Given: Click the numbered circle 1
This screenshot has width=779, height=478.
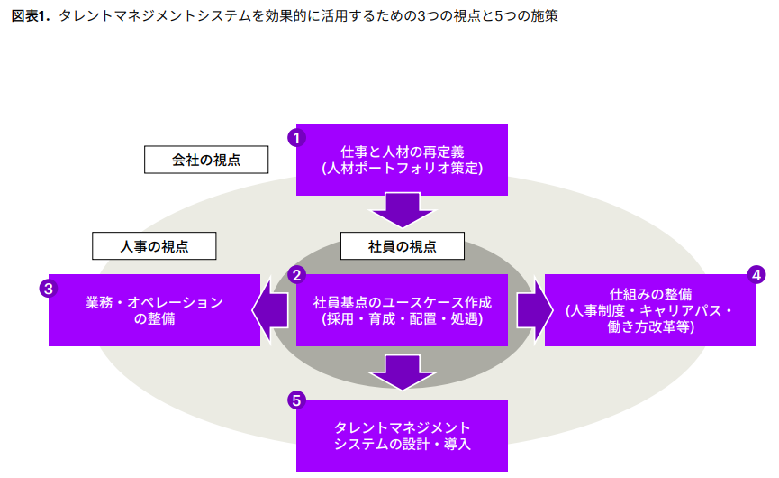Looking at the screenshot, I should [295, 137].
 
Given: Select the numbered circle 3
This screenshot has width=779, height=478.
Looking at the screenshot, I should [48, 289].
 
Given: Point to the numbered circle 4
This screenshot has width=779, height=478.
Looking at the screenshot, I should [756, 273].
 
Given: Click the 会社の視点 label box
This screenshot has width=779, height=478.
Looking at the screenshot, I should [206, 160].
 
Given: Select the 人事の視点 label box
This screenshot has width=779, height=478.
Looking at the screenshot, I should [154, 244].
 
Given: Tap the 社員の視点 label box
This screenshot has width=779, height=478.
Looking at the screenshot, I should [402, 245].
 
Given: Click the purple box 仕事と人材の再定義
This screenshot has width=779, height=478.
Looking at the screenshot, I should [402, 159].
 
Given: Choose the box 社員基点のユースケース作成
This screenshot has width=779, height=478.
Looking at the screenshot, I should [402, 309].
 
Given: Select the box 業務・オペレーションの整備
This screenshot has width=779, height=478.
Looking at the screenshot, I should [154, 309].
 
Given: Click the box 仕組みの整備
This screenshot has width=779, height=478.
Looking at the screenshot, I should [650, 309].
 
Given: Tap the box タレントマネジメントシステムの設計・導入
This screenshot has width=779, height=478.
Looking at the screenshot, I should [402, 435].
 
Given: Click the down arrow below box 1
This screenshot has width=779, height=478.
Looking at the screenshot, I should [402, 210].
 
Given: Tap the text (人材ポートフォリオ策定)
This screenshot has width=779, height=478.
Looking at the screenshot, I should [402, 168].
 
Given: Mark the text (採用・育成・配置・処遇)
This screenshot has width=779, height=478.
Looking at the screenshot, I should [402, 318].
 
